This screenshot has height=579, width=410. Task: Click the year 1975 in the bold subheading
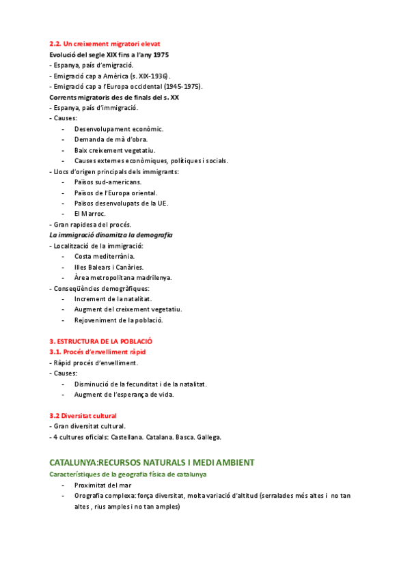point(160,54)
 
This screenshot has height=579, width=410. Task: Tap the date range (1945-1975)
point(183,86)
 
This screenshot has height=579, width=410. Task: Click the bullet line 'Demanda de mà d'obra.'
point(111,139)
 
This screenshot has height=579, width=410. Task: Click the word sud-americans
point(120,182)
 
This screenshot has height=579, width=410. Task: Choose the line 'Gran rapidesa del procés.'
point(91,225)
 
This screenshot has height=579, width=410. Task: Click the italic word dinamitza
point(110,235)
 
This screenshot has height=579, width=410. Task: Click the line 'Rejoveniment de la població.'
point(118,320)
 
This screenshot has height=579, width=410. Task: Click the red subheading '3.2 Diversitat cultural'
point(83,415)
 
